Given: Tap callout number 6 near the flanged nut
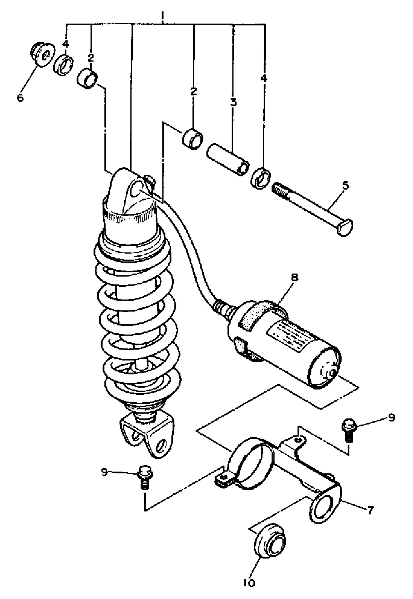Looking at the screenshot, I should coord(20,98).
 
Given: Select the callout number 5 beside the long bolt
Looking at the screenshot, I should coord(345,186).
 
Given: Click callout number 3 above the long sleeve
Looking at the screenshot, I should coord(233,102).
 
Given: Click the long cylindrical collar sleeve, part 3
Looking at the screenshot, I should coord(228,159).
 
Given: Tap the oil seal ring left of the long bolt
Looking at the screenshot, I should coord(261,178).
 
